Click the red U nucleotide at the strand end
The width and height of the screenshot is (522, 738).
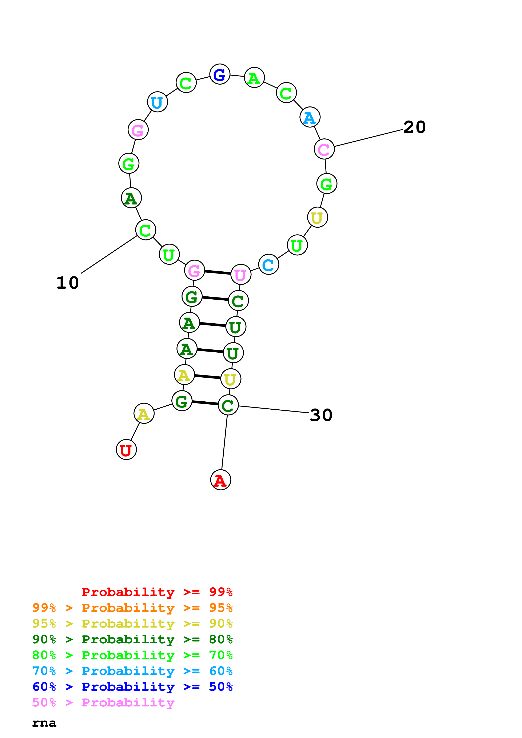coord(126,449)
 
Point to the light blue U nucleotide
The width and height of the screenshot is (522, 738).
coord(157,102)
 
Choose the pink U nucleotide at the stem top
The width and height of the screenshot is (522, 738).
coord(241,275)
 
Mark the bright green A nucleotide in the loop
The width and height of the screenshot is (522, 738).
coord(254,78)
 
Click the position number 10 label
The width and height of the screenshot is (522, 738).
coord(68,283)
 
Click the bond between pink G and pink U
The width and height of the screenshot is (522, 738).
coord(218,273)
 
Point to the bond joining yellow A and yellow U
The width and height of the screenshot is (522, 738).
coord(207,377)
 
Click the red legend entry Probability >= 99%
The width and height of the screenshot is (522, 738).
coord(157,592)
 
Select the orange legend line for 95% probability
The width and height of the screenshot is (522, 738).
coord(132,608)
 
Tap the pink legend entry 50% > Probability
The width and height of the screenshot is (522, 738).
coord(103,703)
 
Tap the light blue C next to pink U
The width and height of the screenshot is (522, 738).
coord(268,264)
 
